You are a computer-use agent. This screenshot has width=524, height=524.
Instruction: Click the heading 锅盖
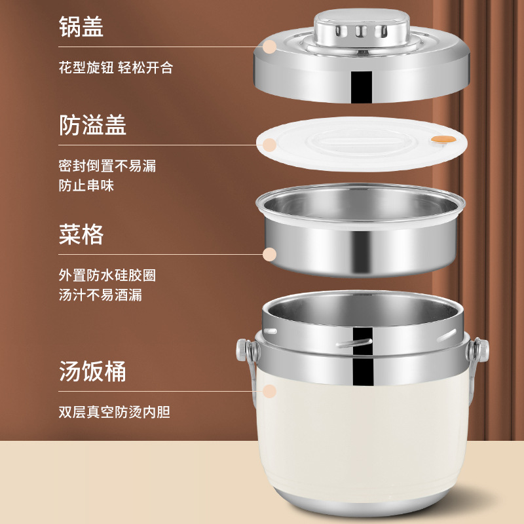click(81, 26)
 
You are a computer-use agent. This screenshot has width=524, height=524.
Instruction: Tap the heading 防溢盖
click(92, 124)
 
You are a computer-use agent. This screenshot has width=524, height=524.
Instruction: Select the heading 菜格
click(81, 234)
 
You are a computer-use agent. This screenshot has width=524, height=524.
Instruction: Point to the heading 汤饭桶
click(92, 371)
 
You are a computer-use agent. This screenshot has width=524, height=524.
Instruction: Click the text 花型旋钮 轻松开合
click(116, 67)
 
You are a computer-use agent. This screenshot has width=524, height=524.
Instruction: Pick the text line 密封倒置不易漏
click(107, 166)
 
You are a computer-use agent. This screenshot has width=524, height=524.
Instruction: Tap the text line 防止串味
click(86, 185)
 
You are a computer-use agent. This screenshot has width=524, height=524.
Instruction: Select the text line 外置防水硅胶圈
click(107, 275)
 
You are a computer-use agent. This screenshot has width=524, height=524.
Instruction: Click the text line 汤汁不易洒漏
click(100, 295)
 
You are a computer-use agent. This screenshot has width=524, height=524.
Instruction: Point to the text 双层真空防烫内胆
click(114, 412)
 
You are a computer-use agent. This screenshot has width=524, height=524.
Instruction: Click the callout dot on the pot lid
click(269, 47)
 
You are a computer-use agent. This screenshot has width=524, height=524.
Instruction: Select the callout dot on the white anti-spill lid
click(269, 145)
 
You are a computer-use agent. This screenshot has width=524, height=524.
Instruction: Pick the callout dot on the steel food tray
click(269, 254)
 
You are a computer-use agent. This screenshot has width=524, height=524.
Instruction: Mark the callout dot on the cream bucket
click(269, 391)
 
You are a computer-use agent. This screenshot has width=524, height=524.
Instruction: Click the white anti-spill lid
click(362, 144)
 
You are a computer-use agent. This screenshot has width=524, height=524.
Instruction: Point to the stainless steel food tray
click(360, 231)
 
